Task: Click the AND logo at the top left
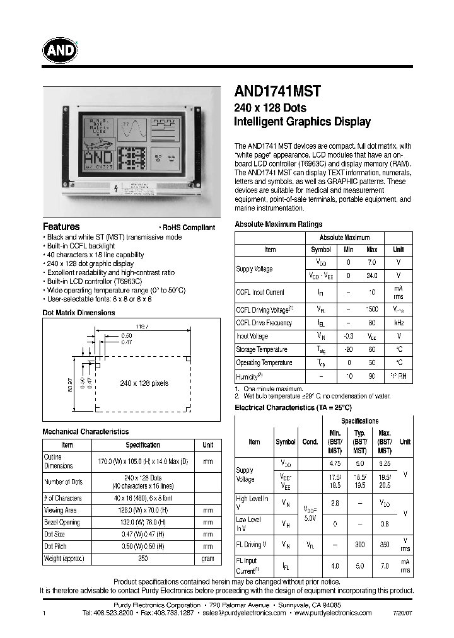tap(61, 50)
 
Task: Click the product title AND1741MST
tap(277, 91)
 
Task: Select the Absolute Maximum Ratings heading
tap(278, 224)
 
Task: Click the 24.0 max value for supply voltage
tap(372, 275)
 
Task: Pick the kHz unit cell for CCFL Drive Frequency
tap(399, 323)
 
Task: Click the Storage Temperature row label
tap(262, 349)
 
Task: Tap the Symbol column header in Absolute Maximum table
tap(321, 250)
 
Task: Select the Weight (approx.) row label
tap(64, 559)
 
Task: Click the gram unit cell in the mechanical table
tap(207, 559)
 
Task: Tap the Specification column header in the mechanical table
tap(143, 444)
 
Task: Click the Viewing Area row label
tap(61, 510)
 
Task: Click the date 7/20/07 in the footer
tap(402, 613)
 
